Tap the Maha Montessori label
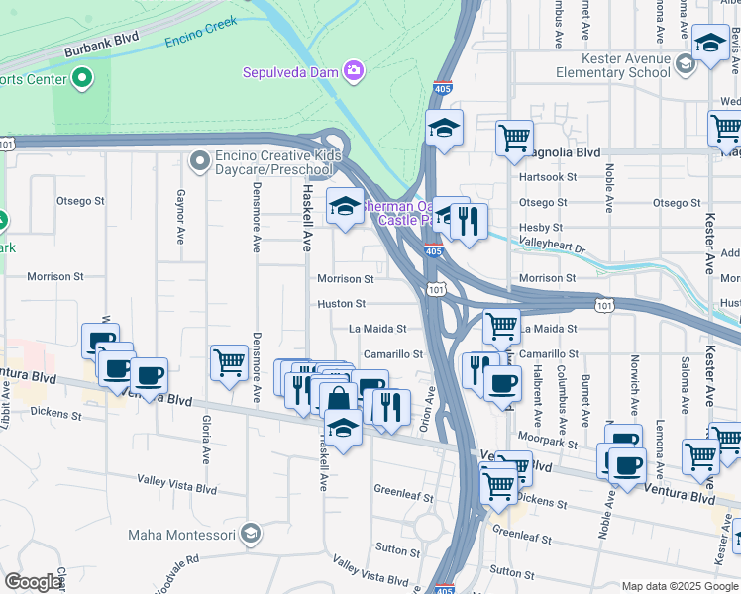pyautogui.click(x=183, y=536)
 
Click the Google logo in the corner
pyautogui.click(x=33, y=582)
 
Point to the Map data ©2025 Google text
pyautogui.click(x=680, y=586)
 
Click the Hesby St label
pyautogui.click(x=541, y=228)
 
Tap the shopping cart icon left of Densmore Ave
pyautogui.click(x=229, y=361)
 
